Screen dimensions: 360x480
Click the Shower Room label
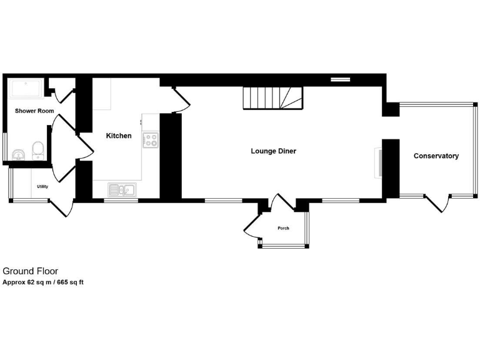point(34,111)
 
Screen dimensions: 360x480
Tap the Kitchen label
point(119,136)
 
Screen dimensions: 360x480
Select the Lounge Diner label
point(273,151)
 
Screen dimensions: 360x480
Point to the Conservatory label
point(436,156)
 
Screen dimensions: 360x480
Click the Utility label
point(42,186)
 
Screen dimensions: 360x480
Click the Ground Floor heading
point(31,271)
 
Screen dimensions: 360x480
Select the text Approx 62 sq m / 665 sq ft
point(43,282)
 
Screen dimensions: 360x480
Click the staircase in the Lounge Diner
point(272,97)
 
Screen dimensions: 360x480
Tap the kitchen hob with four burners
point(151,140)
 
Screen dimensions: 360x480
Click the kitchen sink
point(122,189)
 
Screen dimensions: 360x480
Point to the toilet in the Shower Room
point(38,149)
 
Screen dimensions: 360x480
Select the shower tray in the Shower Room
point(26,88)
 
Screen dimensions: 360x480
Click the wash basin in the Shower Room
point(17,154)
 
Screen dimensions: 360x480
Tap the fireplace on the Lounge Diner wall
point(378,162)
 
